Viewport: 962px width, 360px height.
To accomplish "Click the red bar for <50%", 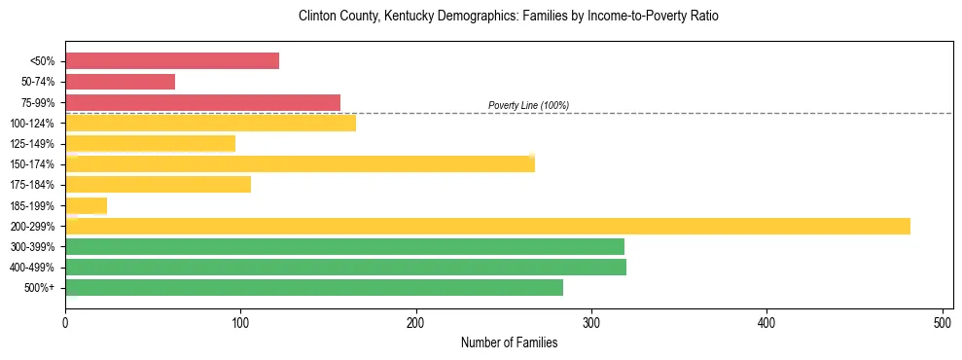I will click(172, 61).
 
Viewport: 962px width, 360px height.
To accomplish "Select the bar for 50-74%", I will click(120, 82).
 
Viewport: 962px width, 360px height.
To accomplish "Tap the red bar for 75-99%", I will click(202, 102).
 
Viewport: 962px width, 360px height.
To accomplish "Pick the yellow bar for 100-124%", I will click(210, 123).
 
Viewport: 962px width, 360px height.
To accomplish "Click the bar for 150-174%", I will click(300, 164).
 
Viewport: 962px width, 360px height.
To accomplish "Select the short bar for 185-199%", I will click(86, 205).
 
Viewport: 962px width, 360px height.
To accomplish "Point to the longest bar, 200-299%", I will click(487, 226).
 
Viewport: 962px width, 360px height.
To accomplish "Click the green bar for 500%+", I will click(314, 288).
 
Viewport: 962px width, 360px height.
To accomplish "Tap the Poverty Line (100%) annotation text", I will click(528, 105).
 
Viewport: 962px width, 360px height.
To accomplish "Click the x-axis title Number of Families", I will click(509, 342).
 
